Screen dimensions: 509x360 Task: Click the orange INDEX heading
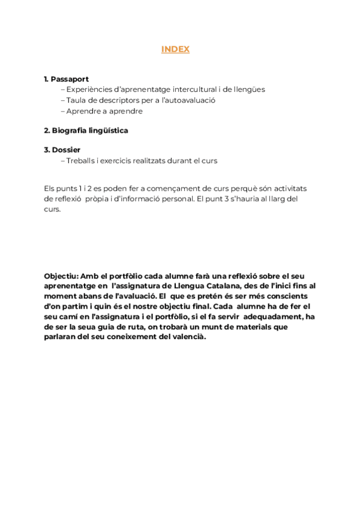(x=175, y=50)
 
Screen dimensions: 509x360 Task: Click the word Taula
(x=76, y=100)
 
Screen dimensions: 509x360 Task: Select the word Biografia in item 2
(x=69, y=130)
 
